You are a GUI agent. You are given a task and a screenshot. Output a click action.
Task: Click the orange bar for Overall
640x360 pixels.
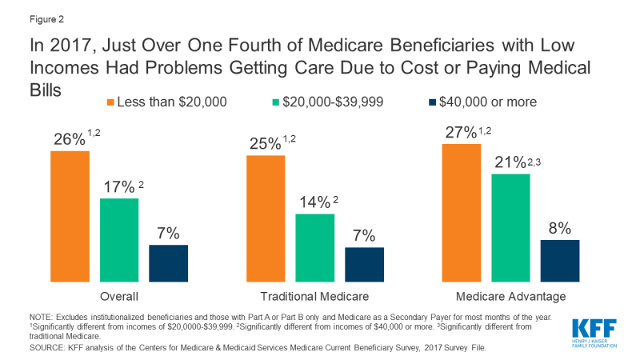click(x=70, y=216)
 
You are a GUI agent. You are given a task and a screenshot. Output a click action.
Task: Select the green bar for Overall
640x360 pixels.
click(x=119, y=240)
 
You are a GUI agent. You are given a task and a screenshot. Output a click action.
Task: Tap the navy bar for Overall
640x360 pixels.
click(x=169, y=263)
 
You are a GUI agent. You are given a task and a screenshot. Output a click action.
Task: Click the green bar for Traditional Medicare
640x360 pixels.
click(x=315, y=248)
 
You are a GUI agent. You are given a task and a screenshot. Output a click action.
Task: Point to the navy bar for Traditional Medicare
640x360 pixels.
click(x=364, y=265)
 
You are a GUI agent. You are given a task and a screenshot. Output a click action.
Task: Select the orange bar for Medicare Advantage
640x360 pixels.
click(x=462, y=213)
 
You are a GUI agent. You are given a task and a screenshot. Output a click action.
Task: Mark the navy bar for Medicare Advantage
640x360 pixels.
click(x=560, y=261)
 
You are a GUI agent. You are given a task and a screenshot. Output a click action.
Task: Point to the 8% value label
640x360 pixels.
click(x=559, y=228)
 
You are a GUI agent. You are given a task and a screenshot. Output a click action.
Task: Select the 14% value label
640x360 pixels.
click(x=313, y=203)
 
